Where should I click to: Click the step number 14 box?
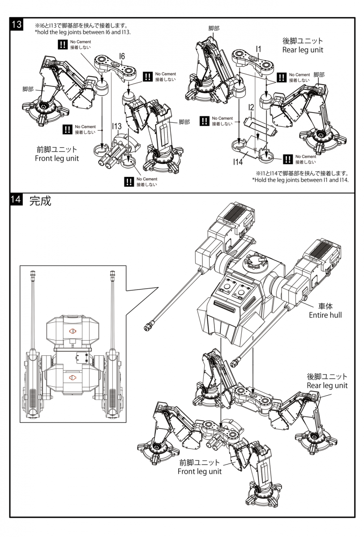(17, 201)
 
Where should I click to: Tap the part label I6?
(122, 55)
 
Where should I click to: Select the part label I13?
(117, 127)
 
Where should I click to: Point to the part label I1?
(259, 49)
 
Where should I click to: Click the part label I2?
(251, 107)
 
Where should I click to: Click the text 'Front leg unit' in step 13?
(57, 158)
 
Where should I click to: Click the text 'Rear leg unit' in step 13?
(303, 50)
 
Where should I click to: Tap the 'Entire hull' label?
(325, 315)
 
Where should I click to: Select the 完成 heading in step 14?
(40, 201)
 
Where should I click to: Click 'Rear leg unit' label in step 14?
(327, 385)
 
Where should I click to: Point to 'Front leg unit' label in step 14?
(200, 471)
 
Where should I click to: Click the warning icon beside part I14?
(288, 158)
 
